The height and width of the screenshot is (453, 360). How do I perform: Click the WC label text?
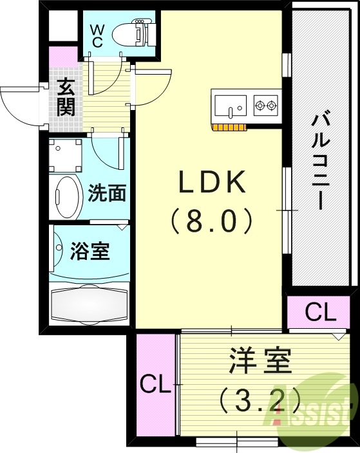tap(98, 34)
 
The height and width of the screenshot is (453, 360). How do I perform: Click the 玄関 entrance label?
tap(65, 97)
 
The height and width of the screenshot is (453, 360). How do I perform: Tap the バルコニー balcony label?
tap(320, 161)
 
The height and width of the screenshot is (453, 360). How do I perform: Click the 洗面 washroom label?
tap(108, 193)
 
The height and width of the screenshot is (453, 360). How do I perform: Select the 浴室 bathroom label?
tap(90, 252)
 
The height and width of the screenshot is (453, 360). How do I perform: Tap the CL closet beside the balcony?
tap(320, 313)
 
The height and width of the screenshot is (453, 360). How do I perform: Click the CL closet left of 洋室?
tap(155, 385)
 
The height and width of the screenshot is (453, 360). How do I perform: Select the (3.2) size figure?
tap(251, 400)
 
